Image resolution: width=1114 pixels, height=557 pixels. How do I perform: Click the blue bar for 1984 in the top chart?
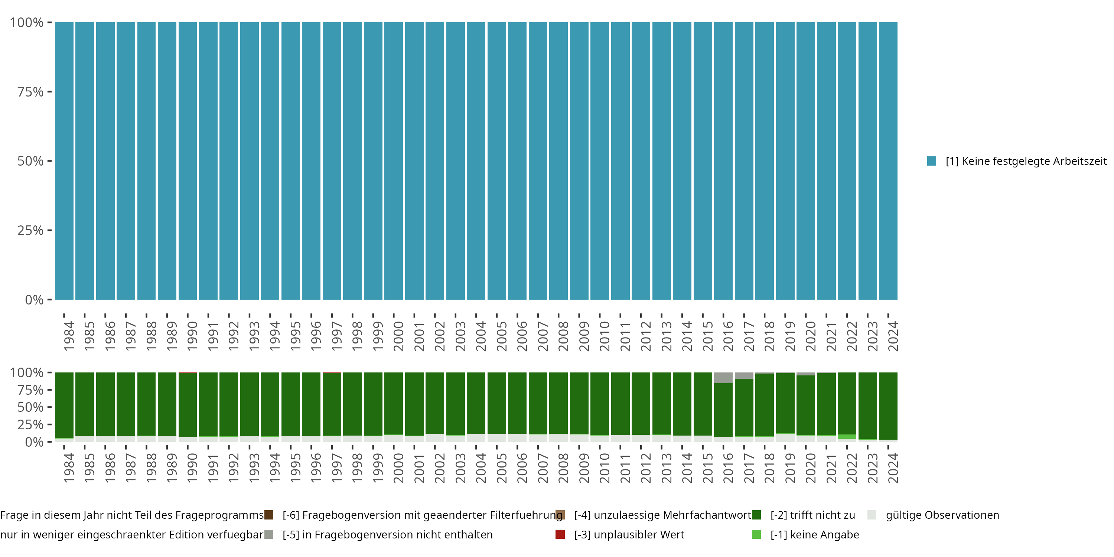pyautogui.click(x=64, y=161)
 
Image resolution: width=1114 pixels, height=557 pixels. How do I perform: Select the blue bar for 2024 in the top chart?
pyautogui.click(x=888, y=161)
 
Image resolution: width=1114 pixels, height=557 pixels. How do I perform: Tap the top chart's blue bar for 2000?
pyautogui.click(x=394, y=161)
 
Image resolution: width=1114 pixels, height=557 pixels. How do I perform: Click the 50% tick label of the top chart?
pyautogui.click(x=30, y=161)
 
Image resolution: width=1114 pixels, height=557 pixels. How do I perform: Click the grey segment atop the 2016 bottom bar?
pyautogui.click(x=723, y=378)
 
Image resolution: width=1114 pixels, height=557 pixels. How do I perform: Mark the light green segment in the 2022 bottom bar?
pyautogui.click(x=847, y=437)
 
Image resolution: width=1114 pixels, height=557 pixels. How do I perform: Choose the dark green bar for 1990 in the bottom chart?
pyautogui.click(x=188, y=404)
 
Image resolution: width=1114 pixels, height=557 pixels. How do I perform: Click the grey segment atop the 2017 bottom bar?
pyautogui.click(x=744, y=375)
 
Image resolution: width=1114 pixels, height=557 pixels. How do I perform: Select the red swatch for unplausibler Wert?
pyautogui.click(x=560, y=534)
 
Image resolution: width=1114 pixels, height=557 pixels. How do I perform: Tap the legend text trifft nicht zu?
pyautogui.click(x=812, y=515)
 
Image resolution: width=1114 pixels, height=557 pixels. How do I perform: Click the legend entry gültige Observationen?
pyautogui.click(x=942, y=515)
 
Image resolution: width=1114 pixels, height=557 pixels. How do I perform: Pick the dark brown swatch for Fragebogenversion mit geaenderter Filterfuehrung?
pyautogui.click(x=268, y=515)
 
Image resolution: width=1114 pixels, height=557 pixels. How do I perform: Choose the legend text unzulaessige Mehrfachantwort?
pyautogui.click(x=662, y=515)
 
